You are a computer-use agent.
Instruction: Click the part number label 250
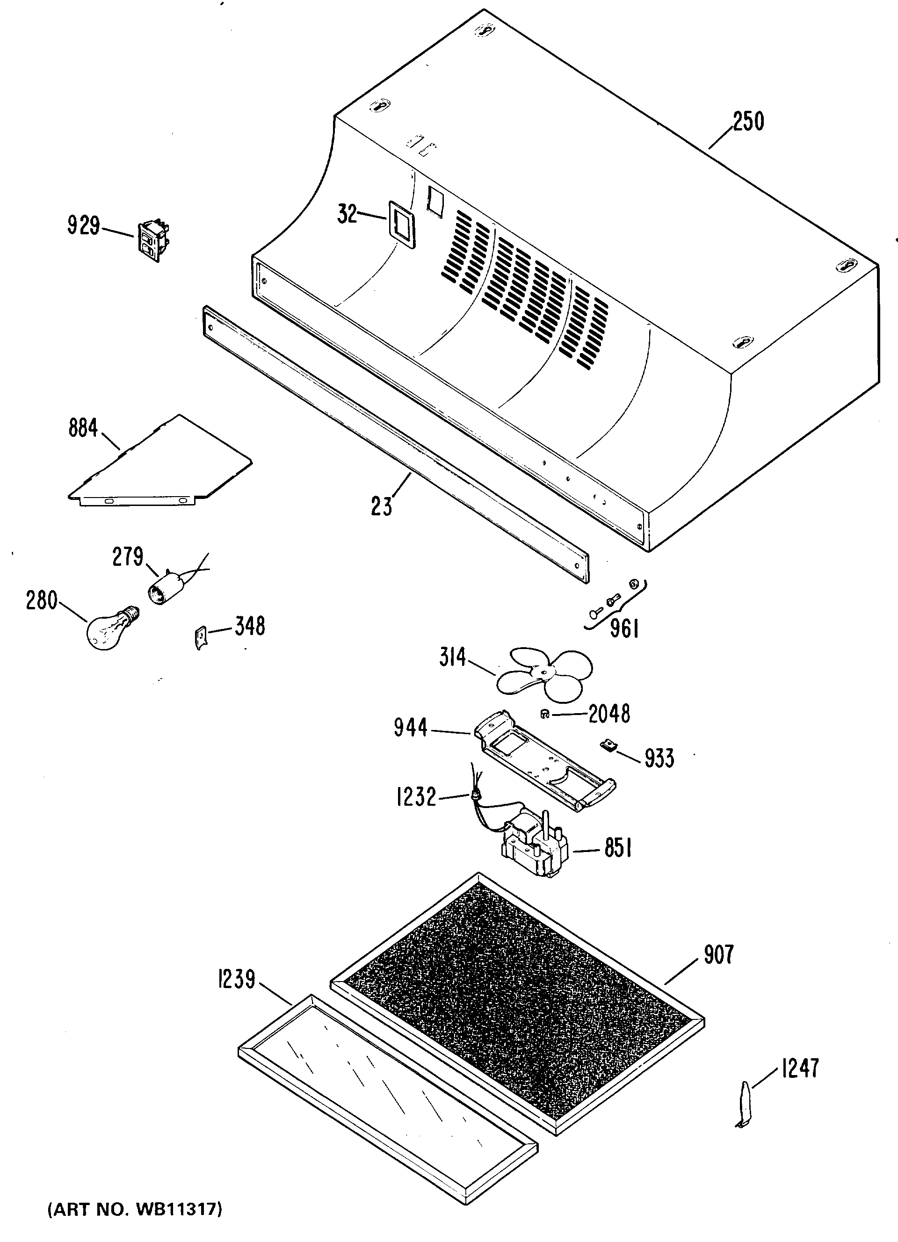pyautogui.click(x=748, y=121)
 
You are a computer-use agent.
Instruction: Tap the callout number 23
pyautogui.click(x=382, y=505)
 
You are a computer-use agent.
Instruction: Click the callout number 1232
pyautogui.click(x=416, y=797)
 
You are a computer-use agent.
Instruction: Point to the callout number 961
pyautogui.click(x=624, y=628)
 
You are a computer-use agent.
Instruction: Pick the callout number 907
pyautogui.click(x=718, y=954)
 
